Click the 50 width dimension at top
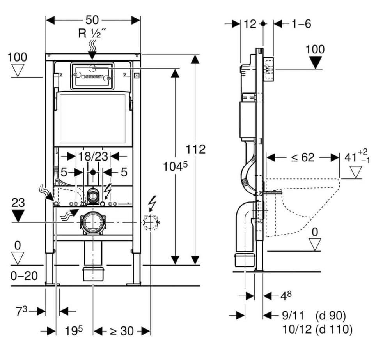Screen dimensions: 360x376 tap(93, 20)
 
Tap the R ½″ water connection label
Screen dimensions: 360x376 tap(92, 34)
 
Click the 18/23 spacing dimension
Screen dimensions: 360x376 tap(93, 157)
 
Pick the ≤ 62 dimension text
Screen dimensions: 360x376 tap(302, 157)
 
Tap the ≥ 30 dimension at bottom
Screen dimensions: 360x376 tap(121, 331)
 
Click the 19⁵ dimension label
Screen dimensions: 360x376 tap(74, 331)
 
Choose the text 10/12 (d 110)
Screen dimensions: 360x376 tap(317, 330)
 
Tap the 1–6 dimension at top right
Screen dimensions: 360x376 tap(301, 24)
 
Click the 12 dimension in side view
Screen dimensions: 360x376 tap(250, 24)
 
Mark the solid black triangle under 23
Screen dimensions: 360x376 tap(18, 215)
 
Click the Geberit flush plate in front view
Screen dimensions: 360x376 tap(92, 76)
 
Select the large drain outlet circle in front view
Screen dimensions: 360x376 tap(92, 222)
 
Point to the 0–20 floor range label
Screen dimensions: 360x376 tap(24, 276)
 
